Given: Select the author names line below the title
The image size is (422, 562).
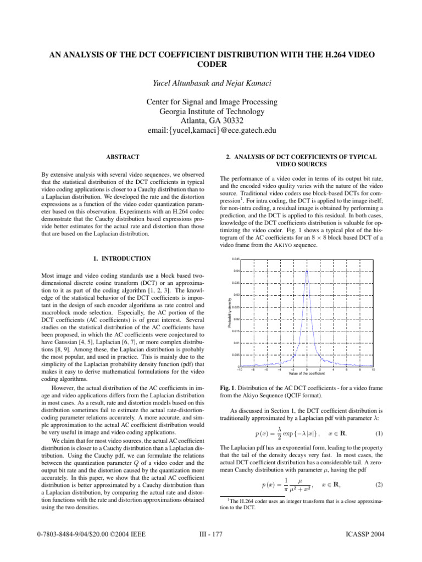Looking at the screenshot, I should click(x=211, y=83).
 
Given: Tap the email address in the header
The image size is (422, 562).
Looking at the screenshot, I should click(x=211, y=131).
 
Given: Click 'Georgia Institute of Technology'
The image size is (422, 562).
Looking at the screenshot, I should click(x=211, y=111).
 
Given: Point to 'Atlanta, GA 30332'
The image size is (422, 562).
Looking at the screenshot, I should click(x=211, y=121).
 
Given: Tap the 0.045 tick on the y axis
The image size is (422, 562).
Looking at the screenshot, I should click(x=235, y=259).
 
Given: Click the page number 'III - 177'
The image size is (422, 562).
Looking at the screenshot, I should click(x=211, y=549).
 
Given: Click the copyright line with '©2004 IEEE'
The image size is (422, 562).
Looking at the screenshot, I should click(x=93, y=549).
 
